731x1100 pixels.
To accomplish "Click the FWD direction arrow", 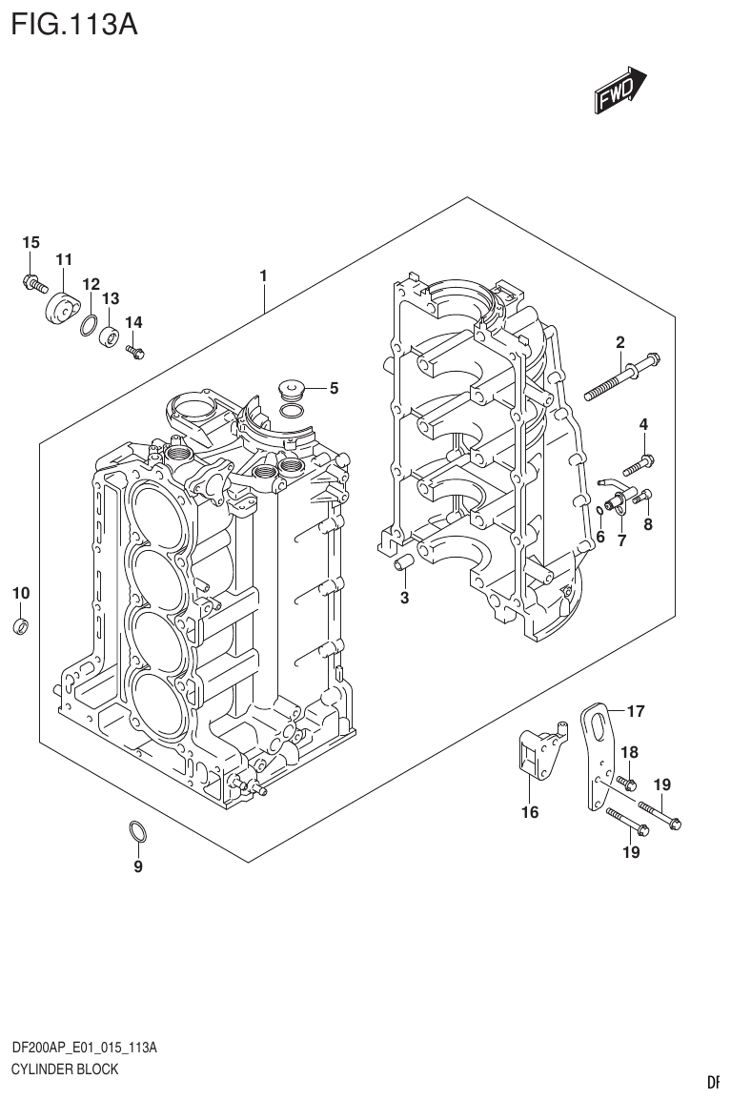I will point(620,90).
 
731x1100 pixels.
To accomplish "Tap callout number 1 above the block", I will point(263,276).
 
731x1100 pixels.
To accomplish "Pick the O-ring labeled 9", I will point(137,832).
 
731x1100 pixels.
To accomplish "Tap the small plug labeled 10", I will point(21,626).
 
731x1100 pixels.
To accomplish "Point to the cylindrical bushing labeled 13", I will point(111,336).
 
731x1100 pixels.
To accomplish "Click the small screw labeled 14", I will point(134,352).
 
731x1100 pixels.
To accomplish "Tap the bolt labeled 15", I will point(34,282).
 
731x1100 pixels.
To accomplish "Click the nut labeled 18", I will point(627,784).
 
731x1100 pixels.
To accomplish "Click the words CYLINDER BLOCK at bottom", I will point(65,1069).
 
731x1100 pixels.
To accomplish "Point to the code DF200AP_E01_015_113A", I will point(84,1048).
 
